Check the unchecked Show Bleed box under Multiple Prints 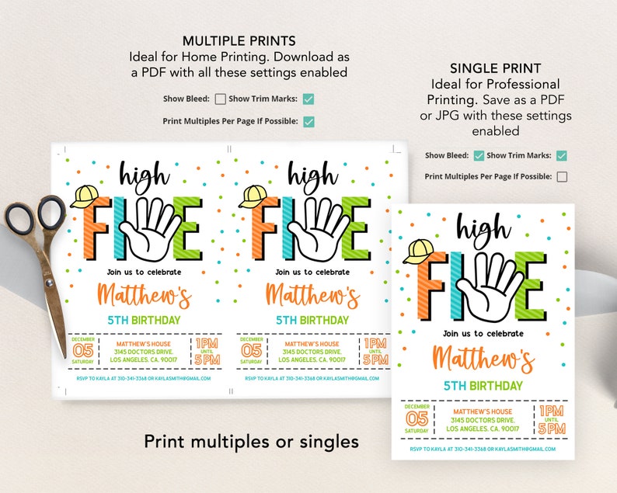(x=220, y=99)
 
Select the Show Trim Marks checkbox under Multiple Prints (x=308, y=99)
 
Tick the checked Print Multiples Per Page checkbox (x=308, y=121)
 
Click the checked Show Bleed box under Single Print (x=479, y=155)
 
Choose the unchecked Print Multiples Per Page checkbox (x=562, y=176)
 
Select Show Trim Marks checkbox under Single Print (x=562, y=155)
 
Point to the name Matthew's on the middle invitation (x=312, y=296)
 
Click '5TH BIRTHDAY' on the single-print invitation (x=483, y=386)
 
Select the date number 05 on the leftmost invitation (x=82, y=350)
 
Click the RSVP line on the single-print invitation (x=483, y=448)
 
